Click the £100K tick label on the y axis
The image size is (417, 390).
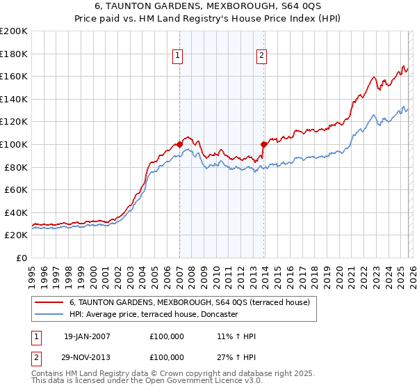click(x=14, y=144)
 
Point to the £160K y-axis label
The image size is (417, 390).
click(x=14, y=76)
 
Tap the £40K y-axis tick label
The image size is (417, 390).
click(x=16, y=212)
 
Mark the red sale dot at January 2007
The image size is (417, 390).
click(x=179, y=144)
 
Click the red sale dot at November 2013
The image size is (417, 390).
click(x=264, y=144)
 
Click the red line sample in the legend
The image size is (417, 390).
click(x=49, y=302)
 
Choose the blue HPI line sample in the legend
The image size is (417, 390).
click(x=49, y=314)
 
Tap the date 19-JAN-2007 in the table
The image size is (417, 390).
click(x=87, y=336)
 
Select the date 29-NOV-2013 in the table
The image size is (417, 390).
click(x=87, y=357)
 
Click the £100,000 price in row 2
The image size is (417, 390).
click(x=167, y=357)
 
